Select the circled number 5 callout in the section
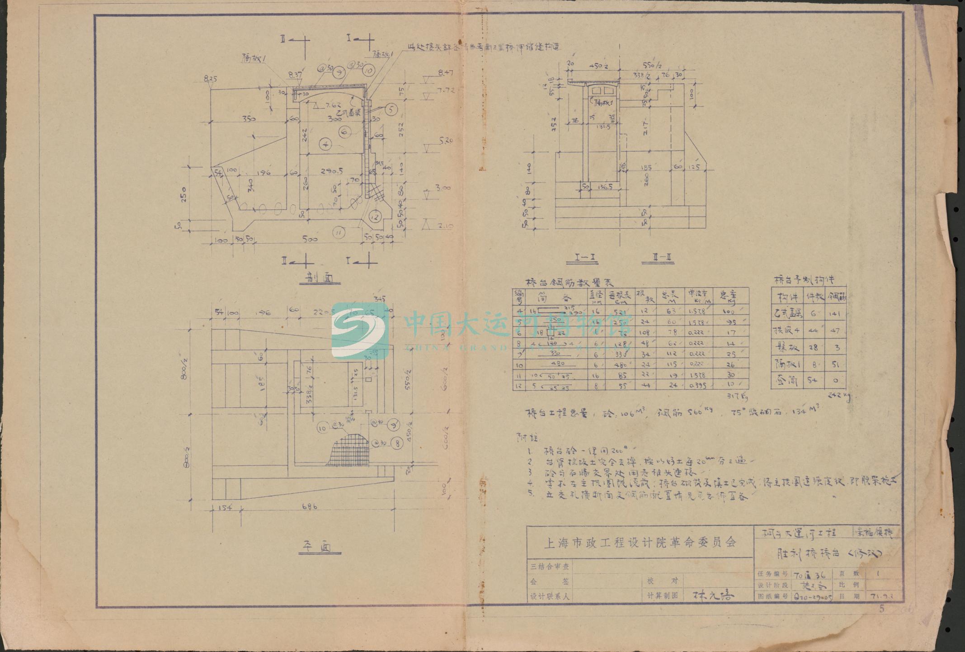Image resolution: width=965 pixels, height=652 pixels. pos(391,109)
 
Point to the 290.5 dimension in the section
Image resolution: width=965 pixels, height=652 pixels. pos(328,171)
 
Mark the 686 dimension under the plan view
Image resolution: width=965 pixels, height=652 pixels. pos(309,507)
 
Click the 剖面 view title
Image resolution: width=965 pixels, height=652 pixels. pos(320,279)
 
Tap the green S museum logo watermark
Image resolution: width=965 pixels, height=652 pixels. pos(359,331)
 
